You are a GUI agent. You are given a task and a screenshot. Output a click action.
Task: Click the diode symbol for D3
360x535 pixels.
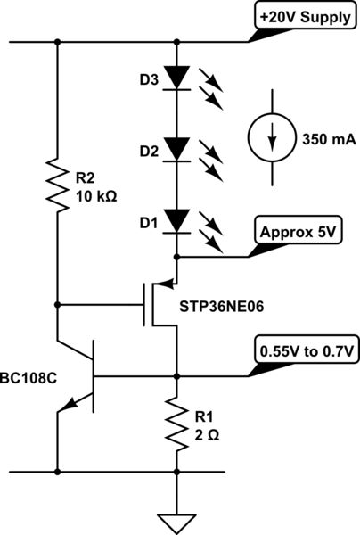point(182,78)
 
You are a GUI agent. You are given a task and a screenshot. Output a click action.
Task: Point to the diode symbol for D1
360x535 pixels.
point(182,217)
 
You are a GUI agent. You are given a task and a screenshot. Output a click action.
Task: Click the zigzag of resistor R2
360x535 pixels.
point(58,185)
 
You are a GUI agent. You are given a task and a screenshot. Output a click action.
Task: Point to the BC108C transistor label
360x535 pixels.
point(30,377)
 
